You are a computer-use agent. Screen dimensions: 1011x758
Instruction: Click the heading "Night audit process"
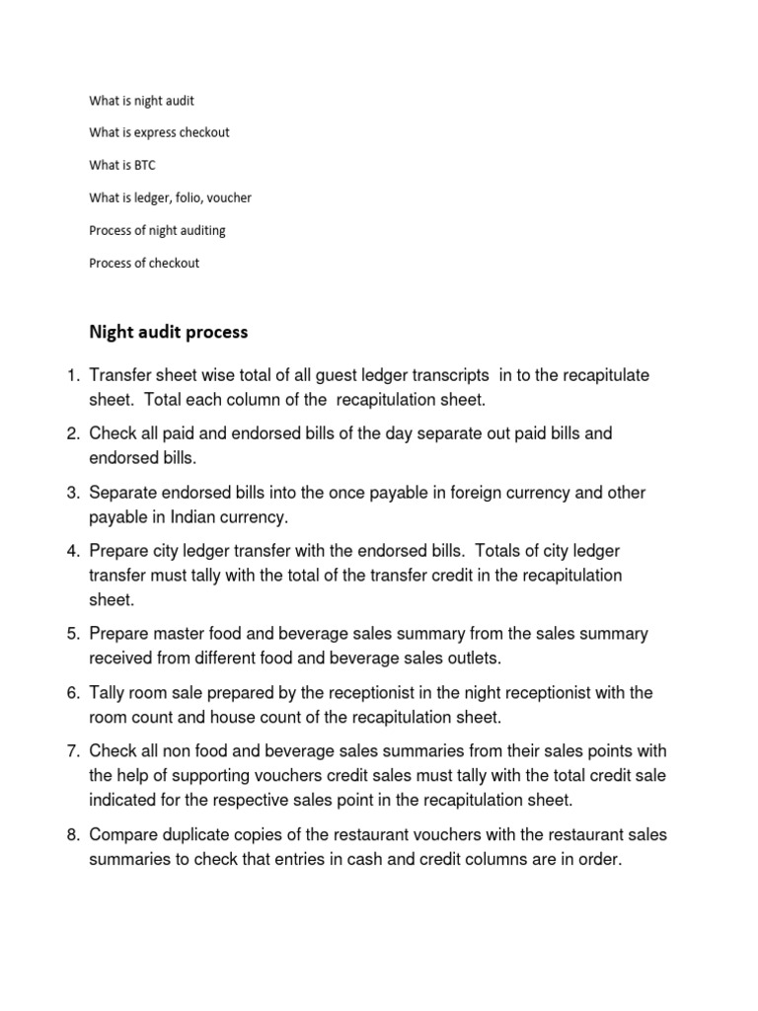(x=168, y=332)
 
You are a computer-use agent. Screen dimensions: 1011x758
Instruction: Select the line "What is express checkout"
(x=159, y=133)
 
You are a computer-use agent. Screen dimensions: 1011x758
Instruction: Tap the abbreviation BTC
(x=144, y=166)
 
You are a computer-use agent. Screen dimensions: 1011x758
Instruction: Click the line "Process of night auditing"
(x=157, y=231)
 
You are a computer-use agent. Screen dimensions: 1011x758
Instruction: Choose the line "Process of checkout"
(x=144, y=264)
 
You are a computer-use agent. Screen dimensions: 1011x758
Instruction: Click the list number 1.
(x=72, y=376)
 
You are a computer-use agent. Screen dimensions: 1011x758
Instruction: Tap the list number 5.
(x=72, y=634)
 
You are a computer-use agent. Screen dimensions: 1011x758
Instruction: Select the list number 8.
(x=72, y=835)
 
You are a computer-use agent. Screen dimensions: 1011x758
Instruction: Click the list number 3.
(x=72, y=493)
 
